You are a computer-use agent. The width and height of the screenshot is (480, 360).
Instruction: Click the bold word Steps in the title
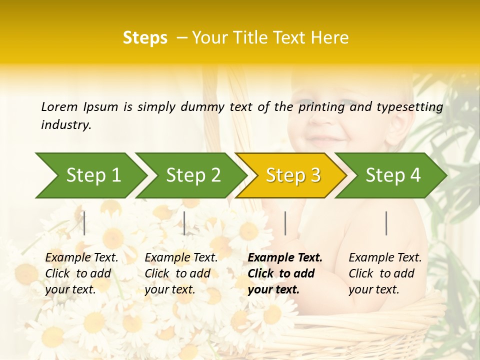(145, 38)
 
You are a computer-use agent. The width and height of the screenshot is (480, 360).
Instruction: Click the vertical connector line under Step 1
(84, 223)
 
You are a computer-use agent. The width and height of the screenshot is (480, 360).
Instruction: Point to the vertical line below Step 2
(184, 223)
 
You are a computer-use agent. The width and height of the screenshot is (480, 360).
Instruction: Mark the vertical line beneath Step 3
(285, 223)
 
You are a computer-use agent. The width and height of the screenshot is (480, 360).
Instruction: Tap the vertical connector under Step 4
(386, 223)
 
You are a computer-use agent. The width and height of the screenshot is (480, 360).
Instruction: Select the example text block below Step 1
(81, 273)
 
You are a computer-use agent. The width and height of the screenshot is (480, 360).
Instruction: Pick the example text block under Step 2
(181, 273)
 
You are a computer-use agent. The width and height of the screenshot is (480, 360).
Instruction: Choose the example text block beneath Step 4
(385, 273)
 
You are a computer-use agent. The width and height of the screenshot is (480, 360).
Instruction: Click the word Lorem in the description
(59, 106)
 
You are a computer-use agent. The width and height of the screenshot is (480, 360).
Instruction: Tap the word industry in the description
(65, 124)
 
